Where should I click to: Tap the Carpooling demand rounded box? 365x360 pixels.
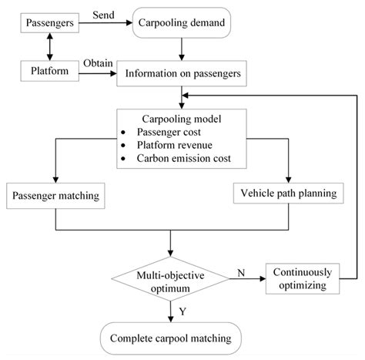(x=182, y=25)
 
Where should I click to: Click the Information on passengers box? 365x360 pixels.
(x=182, y=75)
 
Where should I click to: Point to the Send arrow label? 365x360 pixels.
(x=103, y=15)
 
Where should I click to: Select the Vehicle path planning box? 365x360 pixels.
(x=286, y=193)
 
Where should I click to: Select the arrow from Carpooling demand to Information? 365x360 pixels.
(x=182, y=50)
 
